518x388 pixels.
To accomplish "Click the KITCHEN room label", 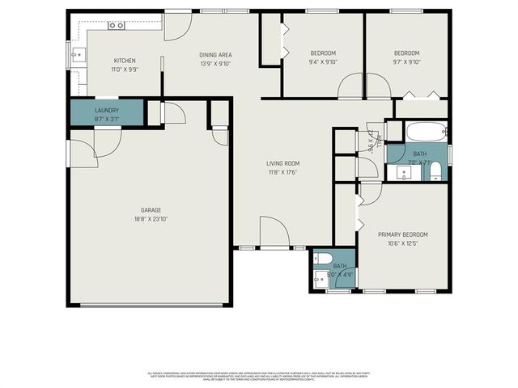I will click(124, 61).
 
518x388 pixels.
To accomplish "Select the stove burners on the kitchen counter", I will click(117, 25).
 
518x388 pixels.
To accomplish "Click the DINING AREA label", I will click(215, 55).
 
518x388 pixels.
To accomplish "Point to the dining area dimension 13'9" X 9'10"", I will click(215, 63).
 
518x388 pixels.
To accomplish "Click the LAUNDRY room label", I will click(107, 110).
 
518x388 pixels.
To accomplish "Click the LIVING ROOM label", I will click(283, 163).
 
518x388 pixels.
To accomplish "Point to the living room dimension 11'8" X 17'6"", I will click(283, 171).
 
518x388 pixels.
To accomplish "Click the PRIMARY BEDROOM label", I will click(403, 234).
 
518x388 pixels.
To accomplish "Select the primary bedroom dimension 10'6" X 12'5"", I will click(403, 242).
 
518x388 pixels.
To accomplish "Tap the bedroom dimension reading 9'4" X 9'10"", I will click(323, 61).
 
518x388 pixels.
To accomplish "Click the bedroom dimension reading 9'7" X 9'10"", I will click(406, 61).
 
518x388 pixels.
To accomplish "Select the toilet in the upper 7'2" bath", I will click(435, 171).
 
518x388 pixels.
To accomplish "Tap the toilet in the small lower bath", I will click(321, 259).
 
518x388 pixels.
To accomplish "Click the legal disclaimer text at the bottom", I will click(259, 375).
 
